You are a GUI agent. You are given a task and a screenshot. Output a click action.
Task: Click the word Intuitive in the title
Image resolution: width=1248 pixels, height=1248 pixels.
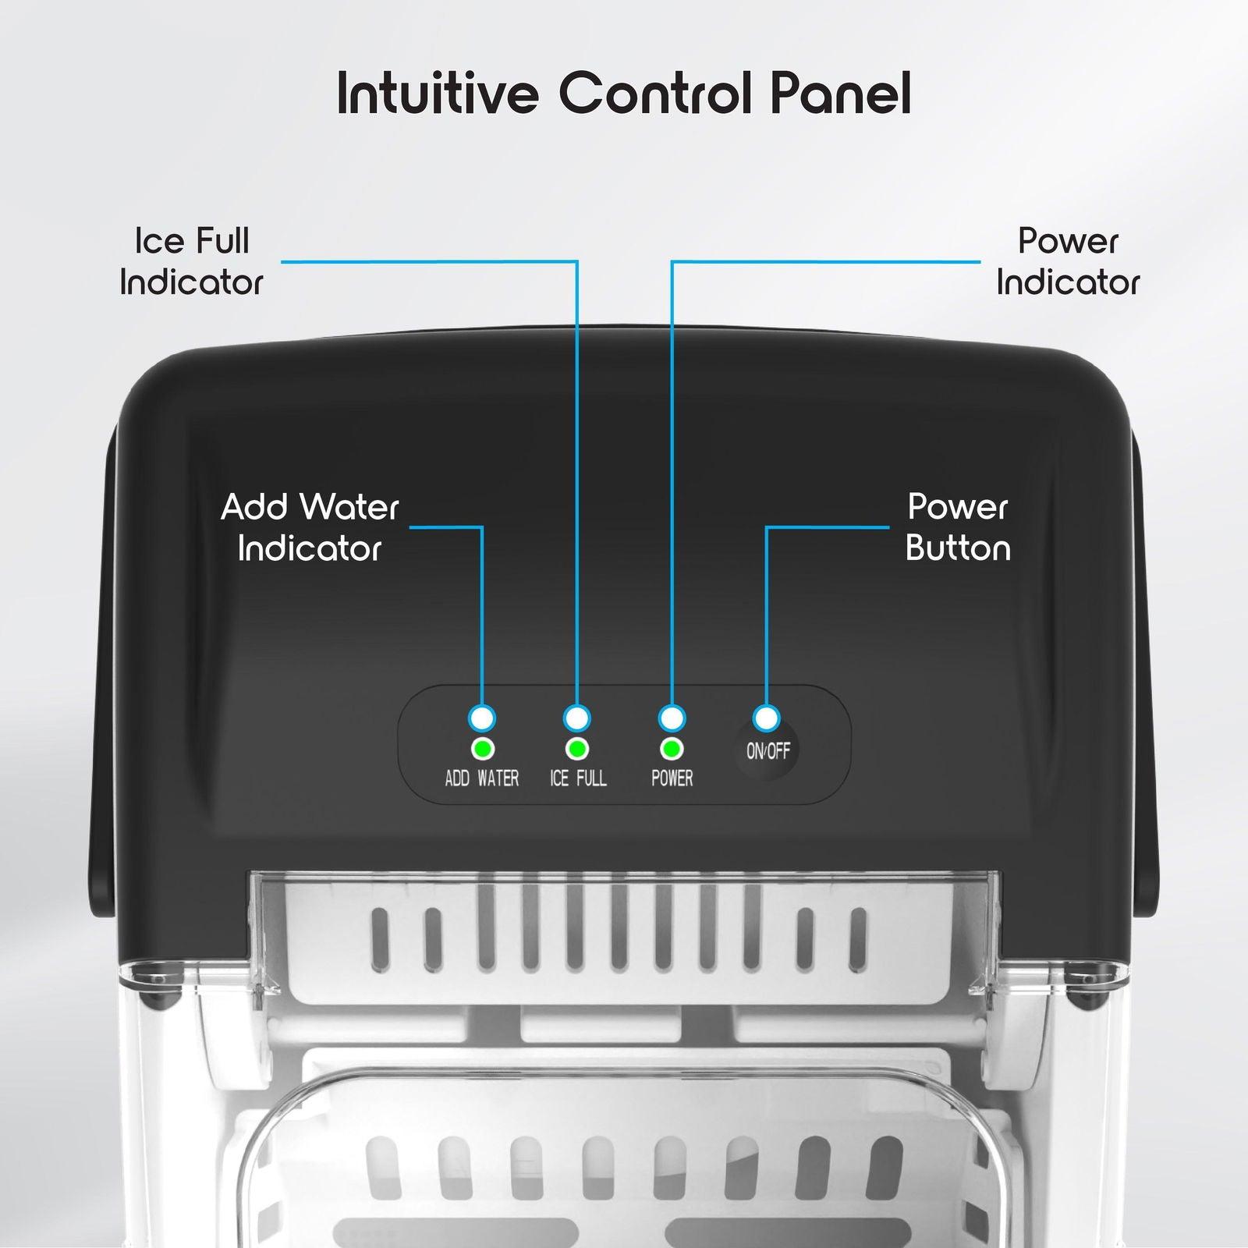438,94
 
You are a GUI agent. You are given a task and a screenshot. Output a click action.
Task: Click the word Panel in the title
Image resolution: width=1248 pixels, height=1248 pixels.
841,94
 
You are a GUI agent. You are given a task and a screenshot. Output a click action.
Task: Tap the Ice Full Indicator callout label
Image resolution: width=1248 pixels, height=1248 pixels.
191,261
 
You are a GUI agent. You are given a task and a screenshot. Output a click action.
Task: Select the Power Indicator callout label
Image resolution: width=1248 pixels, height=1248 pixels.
1068,261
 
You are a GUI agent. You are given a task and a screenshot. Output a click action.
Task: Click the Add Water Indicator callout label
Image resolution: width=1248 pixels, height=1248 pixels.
310,528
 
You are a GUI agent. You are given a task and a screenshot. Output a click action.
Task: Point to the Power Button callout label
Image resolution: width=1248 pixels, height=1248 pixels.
958,528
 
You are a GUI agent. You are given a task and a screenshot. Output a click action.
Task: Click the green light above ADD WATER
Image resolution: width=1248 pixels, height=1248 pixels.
483,750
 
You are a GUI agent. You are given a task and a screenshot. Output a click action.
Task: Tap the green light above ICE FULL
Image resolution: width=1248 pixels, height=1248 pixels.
577,750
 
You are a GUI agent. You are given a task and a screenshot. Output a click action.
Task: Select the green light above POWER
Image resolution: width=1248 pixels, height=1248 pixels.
672,750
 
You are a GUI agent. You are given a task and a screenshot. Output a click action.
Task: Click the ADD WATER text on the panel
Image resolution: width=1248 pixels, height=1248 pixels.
481,778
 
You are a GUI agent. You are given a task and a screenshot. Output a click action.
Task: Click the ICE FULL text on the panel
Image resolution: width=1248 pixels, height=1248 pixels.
578,778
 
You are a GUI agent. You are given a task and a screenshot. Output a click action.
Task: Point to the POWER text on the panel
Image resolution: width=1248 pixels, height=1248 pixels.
672,778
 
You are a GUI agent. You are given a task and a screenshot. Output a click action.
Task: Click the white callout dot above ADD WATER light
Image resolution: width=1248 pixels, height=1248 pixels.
482,718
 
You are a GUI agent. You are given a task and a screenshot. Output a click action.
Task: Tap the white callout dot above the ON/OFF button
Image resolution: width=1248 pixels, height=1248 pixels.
766,718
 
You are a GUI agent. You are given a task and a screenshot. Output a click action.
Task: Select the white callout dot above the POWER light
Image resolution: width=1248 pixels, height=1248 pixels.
672,718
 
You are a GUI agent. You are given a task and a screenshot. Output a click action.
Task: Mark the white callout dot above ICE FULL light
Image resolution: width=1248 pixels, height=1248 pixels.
577,718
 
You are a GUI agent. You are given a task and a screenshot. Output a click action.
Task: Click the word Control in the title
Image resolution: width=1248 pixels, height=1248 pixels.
656,94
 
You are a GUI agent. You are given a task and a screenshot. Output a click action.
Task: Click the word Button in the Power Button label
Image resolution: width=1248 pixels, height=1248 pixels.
958,548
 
